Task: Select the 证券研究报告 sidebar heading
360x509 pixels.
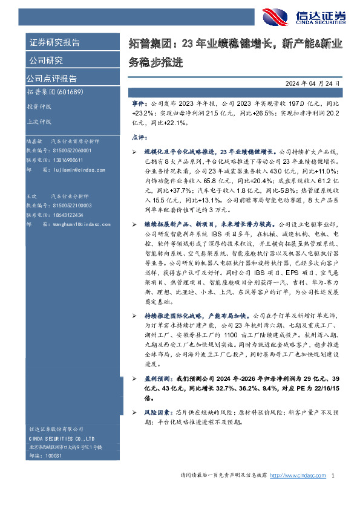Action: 54,43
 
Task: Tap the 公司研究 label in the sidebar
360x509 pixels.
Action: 46,60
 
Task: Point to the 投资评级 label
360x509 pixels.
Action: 39,106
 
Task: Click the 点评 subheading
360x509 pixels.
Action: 139,137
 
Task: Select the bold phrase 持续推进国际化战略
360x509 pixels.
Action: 172,316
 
